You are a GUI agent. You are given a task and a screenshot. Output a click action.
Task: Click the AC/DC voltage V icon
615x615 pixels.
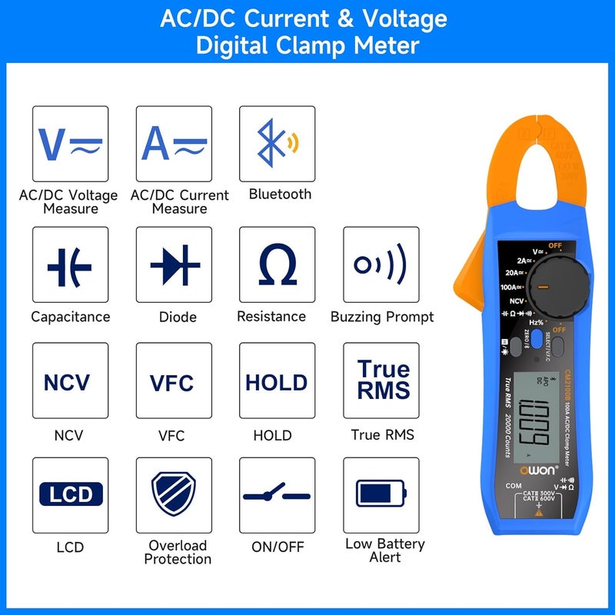(70, 144)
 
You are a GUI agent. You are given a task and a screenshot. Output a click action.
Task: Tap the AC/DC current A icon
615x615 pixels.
(174, 144)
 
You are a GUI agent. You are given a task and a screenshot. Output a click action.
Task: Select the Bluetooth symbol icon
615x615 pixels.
(277, 144)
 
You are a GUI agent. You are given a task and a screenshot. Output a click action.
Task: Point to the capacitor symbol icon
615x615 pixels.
(70, 266)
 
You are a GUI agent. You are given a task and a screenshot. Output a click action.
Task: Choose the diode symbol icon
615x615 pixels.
(174, 266)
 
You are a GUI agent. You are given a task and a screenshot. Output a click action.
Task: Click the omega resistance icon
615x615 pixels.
(277, 266)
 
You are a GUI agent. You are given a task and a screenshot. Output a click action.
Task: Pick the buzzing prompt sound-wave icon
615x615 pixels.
(381, 266)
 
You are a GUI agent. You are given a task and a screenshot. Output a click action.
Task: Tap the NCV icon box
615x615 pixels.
(70, 381)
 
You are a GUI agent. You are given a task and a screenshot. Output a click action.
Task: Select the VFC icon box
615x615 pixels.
(174, 381)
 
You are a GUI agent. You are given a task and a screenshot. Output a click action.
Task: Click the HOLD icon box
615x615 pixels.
(277, 381)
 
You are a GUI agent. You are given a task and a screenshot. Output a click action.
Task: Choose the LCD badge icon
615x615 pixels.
(70, 494)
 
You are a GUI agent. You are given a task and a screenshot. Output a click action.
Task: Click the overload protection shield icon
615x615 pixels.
(174, 494)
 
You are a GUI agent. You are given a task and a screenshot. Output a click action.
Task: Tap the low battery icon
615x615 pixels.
(381, 494)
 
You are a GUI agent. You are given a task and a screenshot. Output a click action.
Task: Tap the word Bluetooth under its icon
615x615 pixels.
(280, 194)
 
